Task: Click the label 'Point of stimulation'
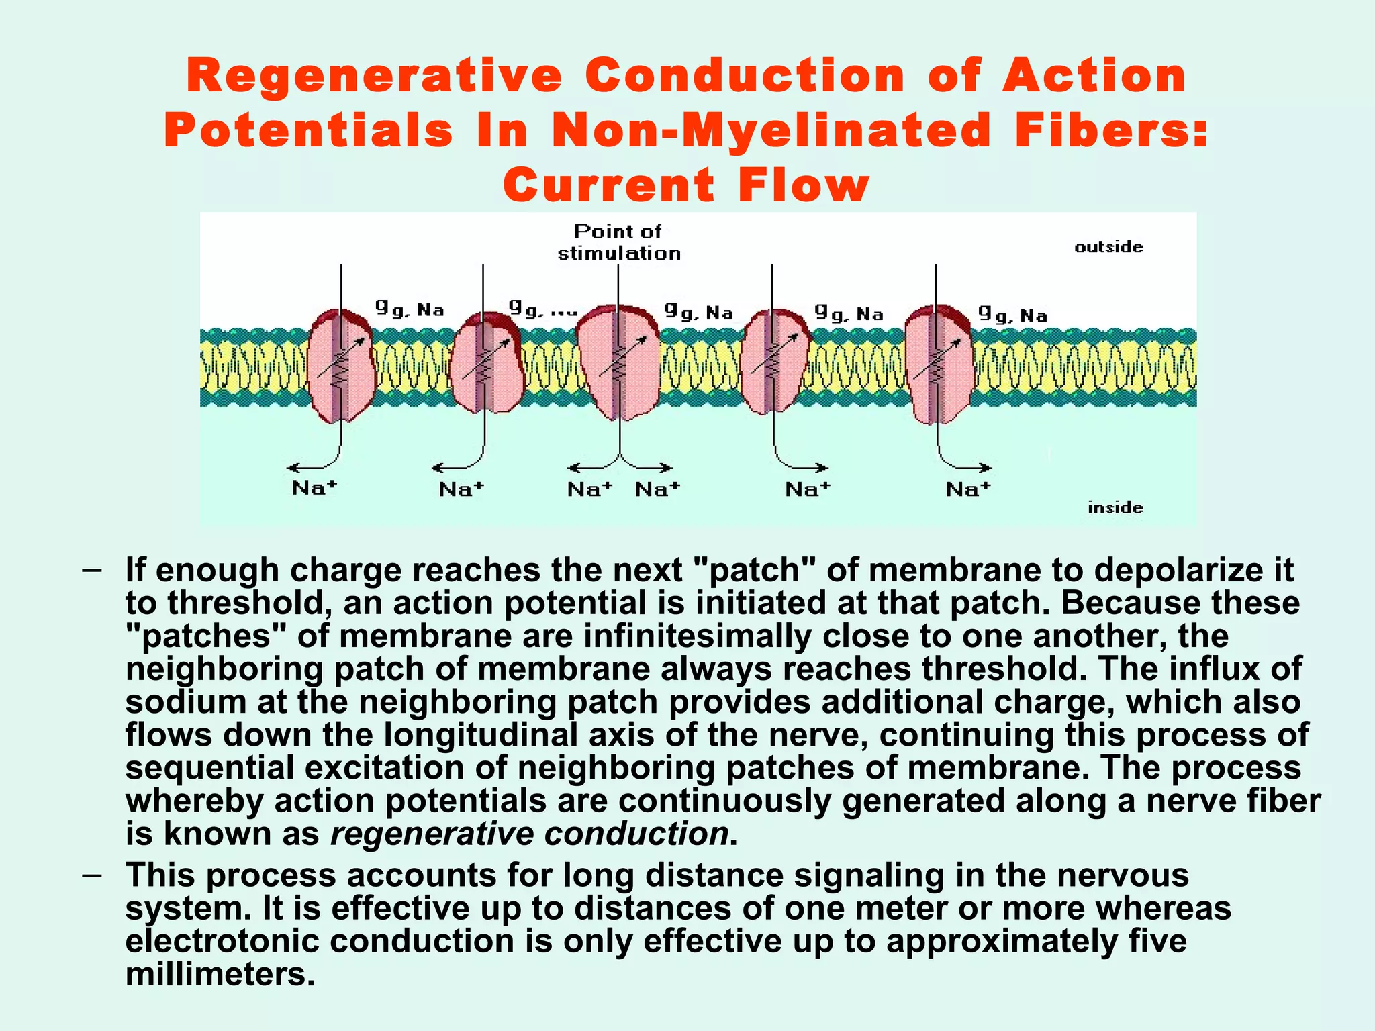coord(618,242)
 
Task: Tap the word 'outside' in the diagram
coord(1108,247)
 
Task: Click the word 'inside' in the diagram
coord(1115,507)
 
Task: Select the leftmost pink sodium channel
coord(341,366)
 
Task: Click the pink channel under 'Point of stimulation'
coord(618,362)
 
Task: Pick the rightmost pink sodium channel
coord(938,364)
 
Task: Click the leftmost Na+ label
coord(314,487)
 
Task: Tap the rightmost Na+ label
coord(967,489)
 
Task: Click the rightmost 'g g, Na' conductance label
coord(1012,314)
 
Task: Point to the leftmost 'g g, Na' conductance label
coord(410,309)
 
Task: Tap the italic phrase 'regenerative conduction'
coord(530,834)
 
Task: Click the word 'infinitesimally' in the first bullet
coord(698,636)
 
